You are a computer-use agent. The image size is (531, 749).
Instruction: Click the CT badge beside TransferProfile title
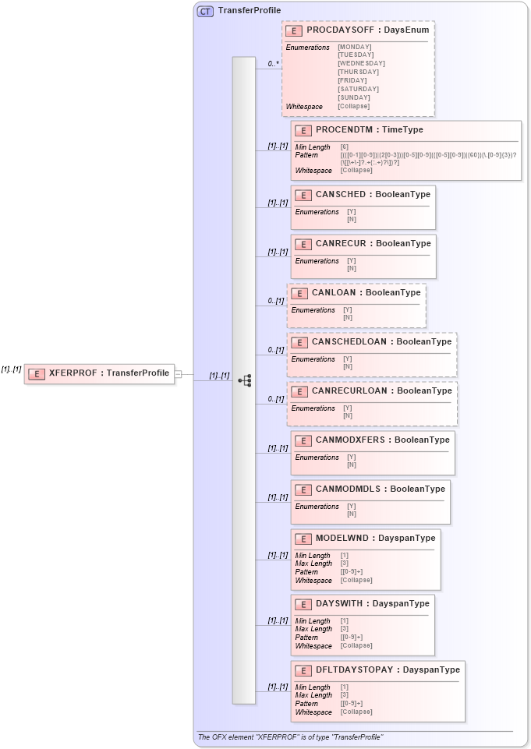coord(205,11)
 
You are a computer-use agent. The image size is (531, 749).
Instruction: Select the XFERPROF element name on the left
coord(109,373)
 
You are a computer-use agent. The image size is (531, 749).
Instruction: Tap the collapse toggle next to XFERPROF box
coord(178,374)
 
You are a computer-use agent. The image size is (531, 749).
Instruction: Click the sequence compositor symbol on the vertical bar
coord(244,380)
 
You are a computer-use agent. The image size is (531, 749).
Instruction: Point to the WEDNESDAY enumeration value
coord(361,63)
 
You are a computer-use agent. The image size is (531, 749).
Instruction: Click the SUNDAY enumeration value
coord(354,97)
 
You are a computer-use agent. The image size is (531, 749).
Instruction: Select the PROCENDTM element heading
coord(370,129)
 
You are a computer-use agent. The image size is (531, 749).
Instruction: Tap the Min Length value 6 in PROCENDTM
coord(344,147)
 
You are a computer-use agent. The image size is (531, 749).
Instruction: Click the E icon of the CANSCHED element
coord(303,194)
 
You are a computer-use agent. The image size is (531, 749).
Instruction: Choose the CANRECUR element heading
coord(373,243)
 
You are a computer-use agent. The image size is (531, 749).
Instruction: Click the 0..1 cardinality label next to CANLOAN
coord(275,301)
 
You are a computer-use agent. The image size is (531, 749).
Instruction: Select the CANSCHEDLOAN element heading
coord(381,341)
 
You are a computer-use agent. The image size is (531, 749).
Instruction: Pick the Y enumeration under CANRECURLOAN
coord(347,408)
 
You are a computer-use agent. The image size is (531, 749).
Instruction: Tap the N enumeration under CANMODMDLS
coord(351,514)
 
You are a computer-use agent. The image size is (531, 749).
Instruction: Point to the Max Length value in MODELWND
coord(344,564)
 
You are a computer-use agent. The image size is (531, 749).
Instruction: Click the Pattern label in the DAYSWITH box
coord(306,637)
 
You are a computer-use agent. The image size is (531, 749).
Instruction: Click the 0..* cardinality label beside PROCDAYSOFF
coord(273,63)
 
